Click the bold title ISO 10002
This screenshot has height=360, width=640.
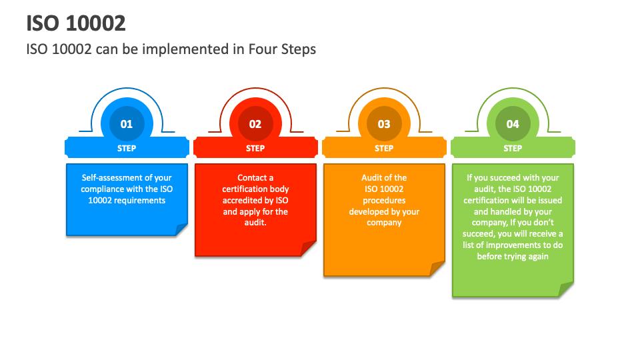tap(76, 23)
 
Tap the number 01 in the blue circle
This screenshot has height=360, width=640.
tap(127, 124)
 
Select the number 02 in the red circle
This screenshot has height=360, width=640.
tap(255, 124)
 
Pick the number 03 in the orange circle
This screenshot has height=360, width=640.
tap(384, 124)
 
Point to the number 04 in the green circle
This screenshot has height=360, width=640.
tap(513, 124)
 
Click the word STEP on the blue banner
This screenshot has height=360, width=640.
tap(127, 149)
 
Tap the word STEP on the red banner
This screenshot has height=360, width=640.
tap(255, 149)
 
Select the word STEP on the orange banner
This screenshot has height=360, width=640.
tap(384, 149)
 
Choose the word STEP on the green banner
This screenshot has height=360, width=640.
tap(513, 149)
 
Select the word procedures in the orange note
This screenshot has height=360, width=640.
tap(384, 201)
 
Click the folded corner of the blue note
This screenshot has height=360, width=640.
tap(181, 230)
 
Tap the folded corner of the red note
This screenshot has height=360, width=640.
tap(308, 249)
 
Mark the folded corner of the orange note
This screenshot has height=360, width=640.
tap(437, 269)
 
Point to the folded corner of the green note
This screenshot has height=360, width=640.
tap(566, 289)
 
